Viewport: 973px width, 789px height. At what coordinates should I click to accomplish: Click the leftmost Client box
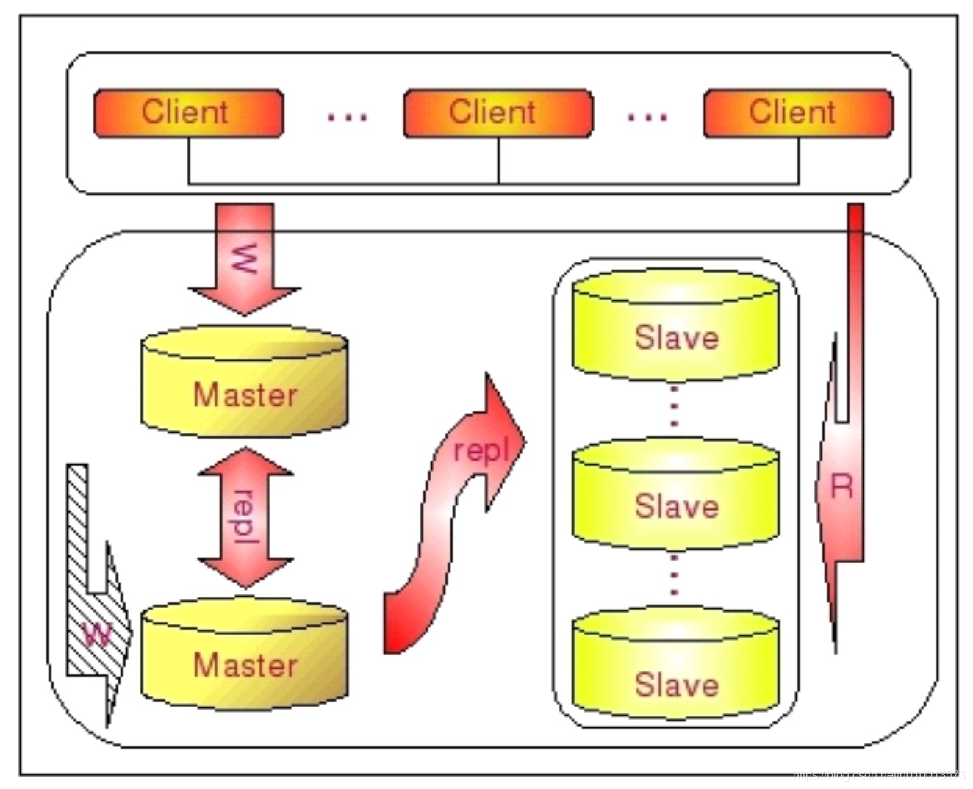tap(188, 113)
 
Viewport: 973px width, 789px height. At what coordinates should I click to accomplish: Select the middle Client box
tap(498, 113)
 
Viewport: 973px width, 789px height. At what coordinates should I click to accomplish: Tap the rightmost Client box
tap(797, 113)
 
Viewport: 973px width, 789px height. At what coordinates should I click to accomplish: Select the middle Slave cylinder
tap(675, 494)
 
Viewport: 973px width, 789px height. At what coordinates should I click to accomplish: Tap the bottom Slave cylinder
tap(675, 665)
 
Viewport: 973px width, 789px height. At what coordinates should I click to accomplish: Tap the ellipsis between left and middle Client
tap(347, 116)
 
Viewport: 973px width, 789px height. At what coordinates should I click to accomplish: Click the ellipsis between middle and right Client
tap(647, 116)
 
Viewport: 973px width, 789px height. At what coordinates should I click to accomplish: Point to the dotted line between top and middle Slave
tap(675, 408)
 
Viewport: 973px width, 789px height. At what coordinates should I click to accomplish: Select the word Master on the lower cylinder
tap(245, 665)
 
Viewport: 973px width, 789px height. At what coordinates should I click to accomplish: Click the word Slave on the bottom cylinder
tap(677, 685)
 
